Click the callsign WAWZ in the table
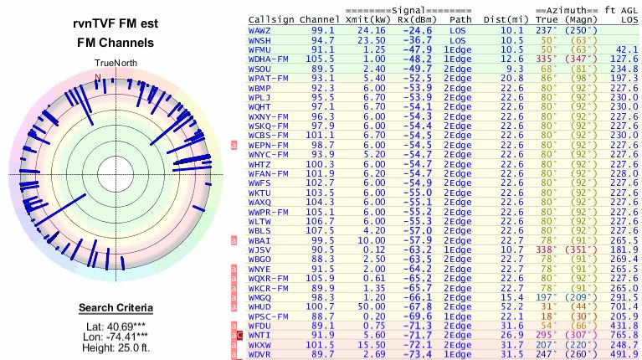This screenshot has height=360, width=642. click(261, 30)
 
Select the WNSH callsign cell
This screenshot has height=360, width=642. click(261, 39)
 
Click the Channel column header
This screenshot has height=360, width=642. click(321, 19)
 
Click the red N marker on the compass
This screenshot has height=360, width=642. click(98, 77)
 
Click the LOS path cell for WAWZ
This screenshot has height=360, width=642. click(457, 30)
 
